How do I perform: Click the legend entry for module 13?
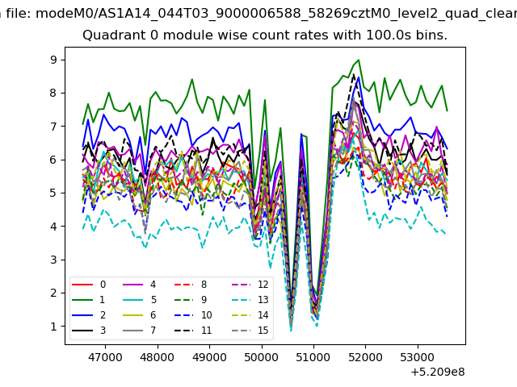[250, 299]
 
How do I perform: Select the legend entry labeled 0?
[89, 285]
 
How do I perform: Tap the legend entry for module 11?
[193, 330]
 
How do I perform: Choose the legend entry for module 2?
[89, 315]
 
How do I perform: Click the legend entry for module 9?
[191, 299]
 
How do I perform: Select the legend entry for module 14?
[250, 315]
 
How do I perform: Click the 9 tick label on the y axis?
[53, 60]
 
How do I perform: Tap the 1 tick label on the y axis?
[53, 327]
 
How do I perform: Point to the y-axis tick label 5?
[53, 193]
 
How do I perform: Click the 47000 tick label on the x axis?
[105, 357]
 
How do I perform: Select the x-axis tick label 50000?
[262, 357]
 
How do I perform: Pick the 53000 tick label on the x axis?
[418, 357]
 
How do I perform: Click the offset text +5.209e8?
[438, 372]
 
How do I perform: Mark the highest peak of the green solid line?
[359, 60]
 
